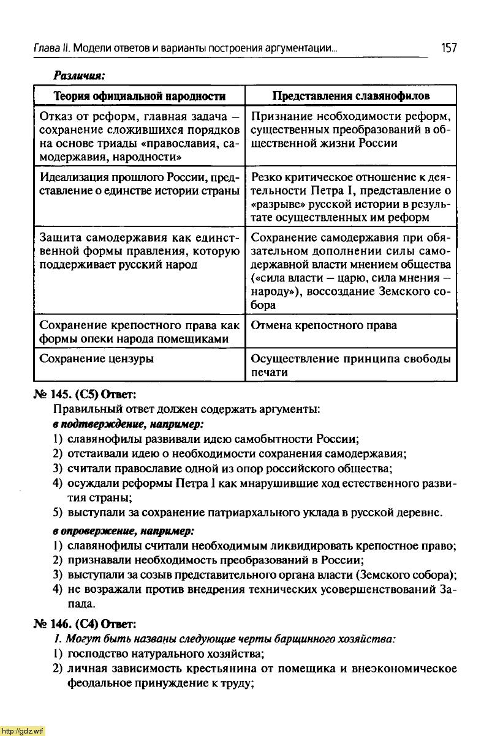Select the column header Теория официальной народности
(140, 96)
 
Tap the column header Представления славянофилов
(350, 96)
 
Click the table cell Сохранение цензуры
(96, 359)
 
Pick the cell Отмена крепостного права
(324, 325)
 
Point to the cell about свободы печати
(350, 365)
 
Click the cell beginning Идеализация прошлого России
(139, 184)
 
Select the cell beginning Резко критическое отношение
(350, 197)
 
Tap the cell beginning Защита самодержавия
(139, 251)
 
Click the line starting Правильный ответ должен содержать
(186, 408)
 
